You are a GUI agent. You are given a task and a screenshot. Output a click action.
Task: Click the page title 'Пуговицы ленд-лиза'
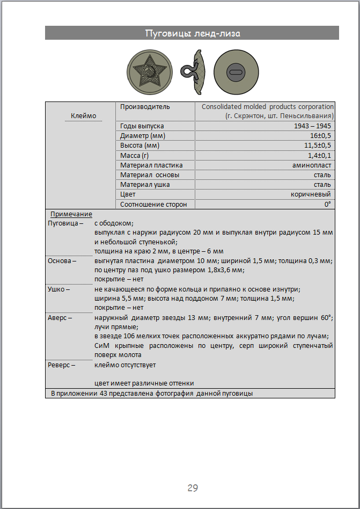click(x=192, y=33)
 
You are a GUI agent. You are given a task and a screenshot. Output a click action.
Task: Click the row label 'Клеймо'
click(x=83, y=116)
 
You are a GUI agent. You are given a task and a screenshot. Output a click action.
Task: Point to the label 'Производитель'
click(x=145, y=107)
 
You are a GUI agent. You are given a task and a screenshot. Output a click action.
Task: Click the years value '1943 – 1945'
click(x=313, y=126)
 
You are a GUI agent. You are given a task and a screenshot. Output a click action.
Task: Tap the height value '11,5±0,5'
click(x=318, y=146)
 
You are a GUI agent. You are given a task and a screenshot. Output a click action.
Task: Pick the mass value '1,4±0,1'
click(x=319, y=155)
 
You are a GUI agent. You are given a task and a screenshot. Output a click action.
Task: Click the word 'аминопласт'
click(x=312, y=165)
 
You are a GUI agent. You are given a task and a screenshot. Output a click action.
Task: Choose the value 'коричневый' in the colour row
click(x=311, y=194)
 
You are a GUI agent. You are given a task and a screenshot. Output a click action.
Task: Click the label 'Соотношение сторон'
click(x=153, y=204)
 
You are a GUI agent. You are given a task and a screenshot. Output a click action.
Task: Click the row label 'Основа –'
click(x=62, y=260)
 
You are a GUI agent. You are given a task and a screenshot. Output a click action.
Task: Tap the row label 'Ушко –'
click(x=60, y=289)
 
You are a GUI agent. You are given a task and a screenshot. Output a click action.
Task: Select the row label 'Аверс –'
click(x=60, y=317)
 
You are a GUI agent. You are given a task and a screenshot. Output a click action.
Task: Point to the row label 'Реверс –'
click(x=62, y=365)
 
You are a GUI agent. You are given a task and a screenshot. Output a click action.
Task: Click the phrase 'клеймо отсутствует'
click(x=125, y=365)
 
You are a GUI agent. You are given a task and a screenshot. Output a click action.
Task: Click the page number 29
click(x=193, y=488)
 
